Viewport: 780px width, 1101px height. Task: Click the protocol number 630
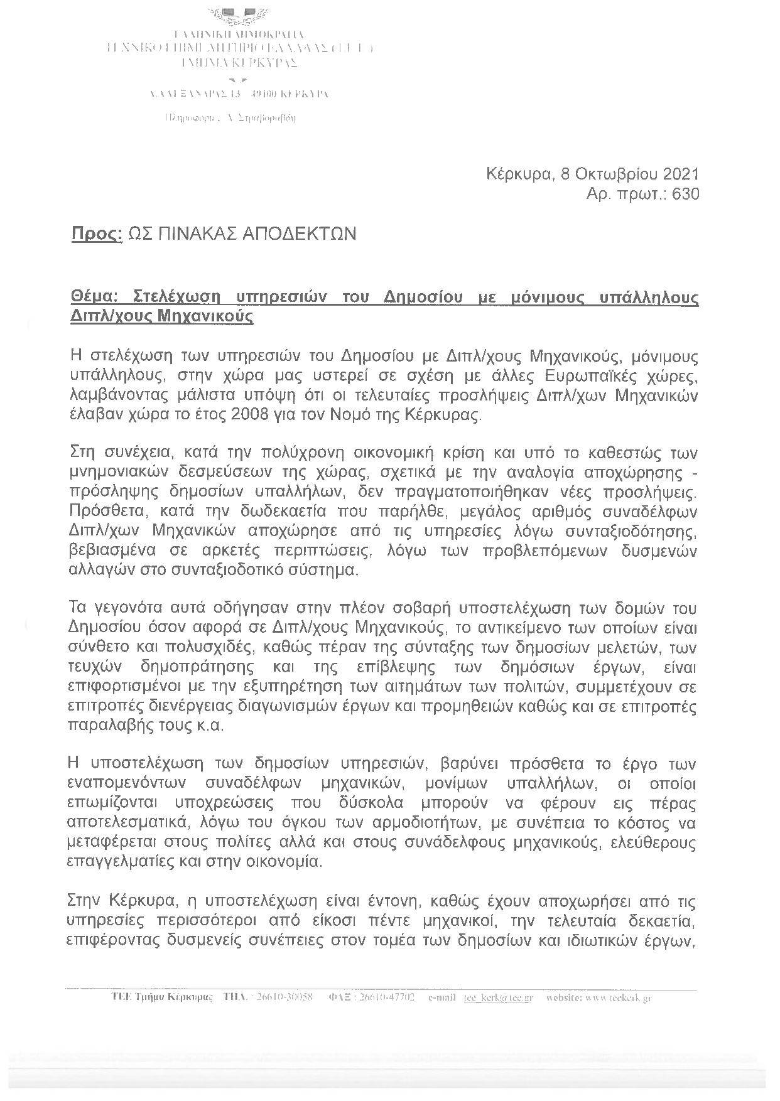[x=685, y=195]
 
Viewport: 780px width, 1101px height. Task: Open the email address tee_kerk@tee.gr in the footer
[x=498, y=998]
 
